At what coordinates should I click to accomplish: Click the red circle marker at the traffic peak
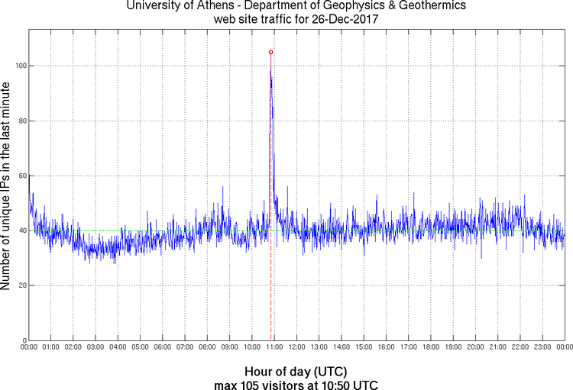point(270,52)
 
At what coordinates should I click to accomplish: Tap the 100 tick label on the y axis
point(21,66)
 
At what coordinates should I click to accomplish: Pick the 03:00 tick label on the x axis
point(95,347)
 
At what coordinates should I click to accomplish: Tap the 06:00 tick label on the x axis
point(163,347)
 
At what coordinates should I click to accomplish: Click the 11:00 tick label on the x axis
point(274,347)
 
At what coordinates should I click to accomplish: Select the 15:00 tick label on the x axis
point(364,347)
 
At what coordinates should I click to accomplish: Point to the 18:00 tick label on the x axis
point(431,347)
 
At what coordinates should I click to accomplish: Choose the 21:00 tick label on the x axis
point(497,347)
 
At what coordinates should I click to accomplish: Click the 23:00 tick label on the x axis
point(542,347)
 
